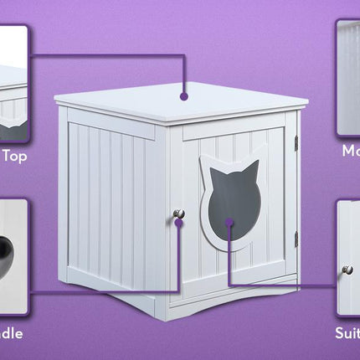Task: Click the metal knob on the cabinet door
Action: [x=178, y=214]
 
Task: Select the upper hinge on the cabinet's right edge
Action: [x=296, y=144]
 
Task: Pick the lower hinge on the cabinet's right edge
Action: [x=296, y=239]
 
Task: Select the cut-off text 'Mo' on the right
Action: [x=351, y=152]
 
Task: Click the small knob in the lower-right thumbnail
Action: [x=347, y=270]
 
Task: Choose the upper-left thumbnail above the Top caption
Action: [x=13, y=84]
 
